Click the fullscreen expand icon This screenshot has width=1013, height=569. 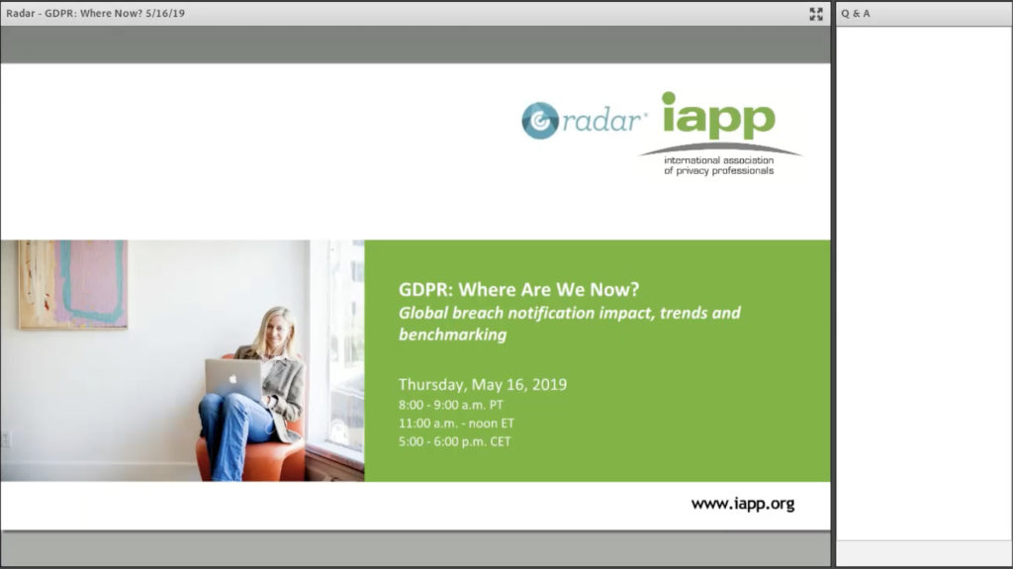click(x=816, y=14)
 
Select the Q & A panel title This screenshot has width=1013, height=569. click(x=856, y=14)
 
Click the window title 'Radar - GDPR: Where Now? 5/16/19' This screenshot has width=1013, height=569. click(x=96, y=13)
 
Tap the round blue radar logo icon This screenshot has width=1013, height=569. click(x=540, y=121)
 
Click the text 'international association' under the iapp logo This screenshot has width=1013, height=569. click(x=718, y=159)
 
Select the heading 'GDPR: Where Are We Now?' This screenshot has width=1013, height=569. click(x=518, y=289)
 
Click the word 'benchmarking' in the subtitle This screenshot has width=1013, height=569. click(x=452, y=334)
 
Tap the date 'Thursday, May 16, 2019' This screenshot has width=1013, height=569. click(x=483, y=384)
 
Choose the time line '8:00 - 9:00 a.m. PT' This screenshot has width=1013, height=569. click(x=450, y=405)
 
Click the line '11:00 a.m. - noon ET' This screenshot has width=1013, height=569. click(x=456, y=424)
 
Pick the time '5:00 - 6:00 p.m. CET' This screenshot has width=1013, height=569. click(x=454, y=441)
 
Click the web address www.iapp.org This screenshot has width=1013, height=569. click(x=742, y=504)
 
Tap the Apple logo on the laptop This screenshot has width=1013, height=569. click(x=232, y=379)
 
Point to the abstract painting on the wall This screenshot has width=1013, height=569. click(x=72, y=284)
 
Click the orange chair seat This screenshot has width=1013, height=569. click(x=266, y=459)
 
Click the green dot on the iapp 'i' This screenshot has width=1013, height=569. click(x=669, y=98)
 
